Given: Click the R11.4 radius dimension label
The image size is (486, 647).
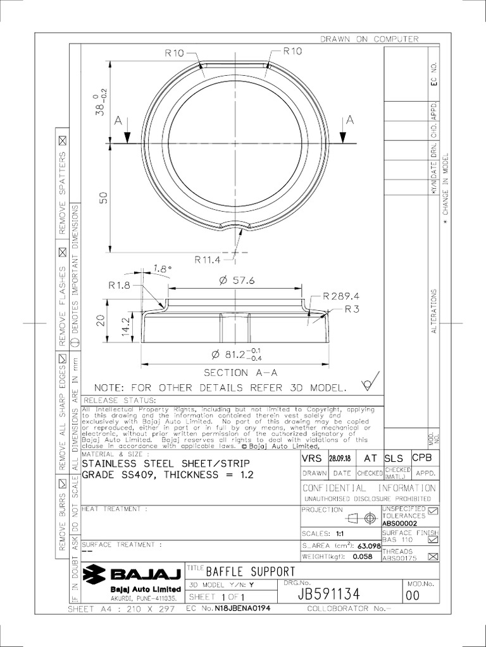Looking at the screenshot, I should click(208, 258).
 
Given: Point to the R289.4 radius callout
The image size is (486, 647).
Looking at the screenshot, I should click(340, 296).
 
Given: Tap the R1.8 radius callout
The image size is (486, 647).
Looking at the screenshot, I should click(118, 286).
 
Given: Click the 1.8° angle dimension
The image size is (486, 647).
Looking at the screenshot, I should click(162, 269).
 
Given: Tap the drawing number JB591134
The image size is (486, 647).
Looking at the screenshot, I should click(328, 595).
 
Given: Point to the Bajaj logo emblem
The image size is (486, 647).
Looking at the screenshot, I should click(97, 575).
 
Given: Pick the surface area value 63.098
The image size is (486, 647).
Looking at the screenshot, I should click(368, 545).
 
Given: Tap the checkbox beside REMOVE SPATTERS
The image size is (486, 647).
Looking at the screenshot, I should click(63, 140).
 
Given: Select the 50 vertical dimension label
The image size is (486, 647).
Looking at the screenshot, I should click(104, 198).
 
